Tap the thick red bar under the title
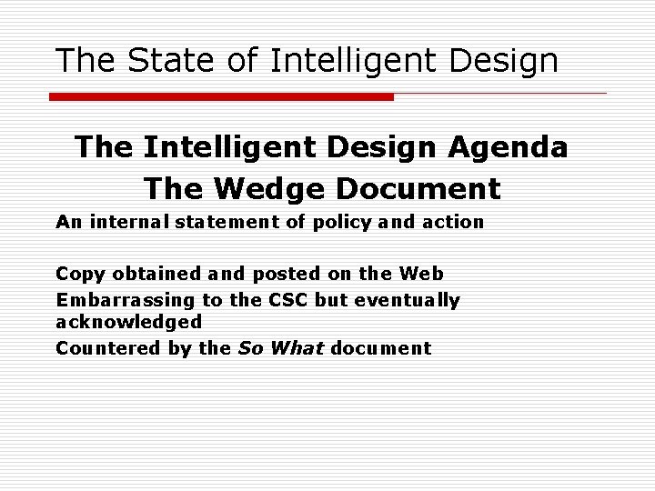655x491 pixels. [221, 96]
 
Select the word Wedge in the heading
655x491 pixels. [257, 188]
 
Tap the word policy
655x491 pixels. [339, 223]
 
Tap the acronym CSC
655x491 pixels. [283, 300]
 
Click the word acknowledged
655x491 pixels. [129, 322]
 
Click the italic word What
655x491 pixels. [297, 348]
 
